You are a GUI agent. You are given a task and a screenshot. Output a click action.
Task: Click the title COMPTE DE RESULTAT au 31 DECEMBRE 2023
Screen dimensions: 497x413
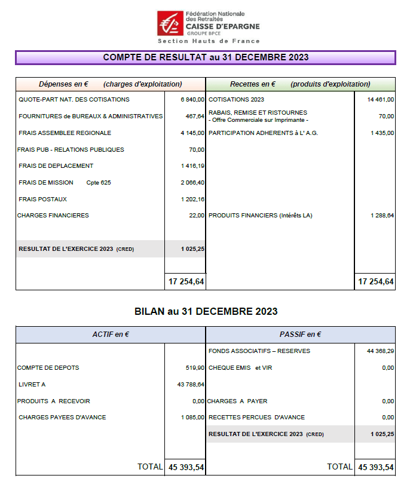click(206, 57)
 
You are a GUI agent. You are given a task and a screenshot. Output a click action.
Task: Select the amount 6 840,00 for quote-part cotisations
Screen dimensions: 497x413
click(192, 100)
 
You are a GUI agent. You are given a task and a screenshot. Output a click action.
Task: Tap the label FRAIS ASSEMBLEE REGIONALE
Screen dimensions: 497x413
click(65, 133)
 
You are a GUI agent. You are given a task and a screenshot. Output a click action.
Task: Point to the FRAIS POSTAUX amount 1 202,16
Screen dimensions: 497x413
click(192, 200)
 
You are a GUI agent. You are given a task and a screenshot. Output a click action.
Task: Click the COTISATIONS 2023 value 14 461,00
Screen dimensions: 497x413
click(381, 100)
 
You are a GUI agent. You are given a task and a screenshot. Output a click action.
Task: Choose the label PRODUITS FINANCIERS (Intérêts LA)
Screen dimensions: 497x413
click(261, 216)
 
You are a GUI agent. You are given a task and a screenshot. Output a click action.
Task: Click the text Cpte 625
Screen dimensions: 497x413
click(99, 183)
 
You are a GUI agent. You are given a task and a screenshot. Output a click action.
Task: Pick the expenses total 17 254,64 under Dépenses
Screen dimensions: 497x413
click(186, 281)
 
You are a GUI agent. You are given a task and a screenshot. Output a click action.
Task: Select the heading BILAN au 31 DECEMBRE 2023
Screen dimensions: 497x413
click(206, 311)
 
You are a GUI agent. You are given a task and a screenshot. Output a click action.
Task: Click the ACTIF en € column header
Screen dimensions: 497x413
click(111, 335)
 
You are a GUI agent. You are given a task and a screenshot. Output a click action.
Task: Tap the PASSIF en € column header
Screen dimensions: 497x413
click(300, 335)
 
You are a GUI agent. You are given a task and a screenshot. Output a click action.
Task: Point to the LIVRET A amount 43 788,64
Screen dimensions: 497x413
click(191, 385)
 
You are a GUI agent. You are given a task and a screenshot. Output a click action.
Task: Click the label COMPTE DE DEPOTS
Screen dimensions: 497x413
click(48, 368)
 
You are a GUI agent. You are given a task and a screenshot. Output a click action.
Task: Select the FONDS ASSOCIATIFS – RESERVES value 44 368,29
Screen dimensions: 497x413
click(380, 351)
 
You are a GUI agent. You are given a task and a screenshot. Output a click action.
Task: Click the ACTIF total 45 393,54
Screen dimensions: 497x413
click(186, 467)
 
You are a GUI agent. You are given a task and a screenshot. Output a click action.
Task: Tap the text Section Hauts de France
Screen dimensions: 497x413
click(209, 41)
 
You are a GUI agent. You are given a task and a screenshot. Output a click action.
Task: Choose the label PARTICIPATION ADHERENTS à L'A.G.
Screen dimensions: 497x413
click(263, 133)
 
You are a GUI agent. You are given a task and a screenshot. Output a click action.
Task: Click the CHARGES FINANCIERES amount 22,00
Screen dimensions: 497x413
click(197, 216)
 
